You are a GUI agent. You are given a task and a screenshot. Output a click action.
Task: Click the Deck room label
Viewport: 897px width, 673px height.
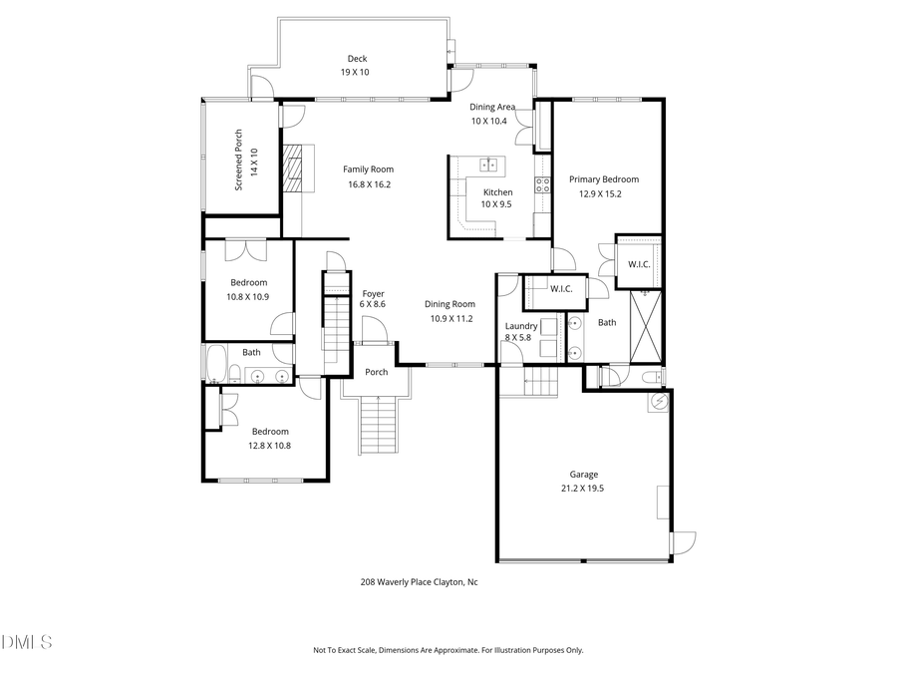357,58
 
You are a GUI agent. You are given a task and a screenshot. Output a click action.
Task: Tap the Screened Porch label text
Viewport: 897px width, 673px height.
239,160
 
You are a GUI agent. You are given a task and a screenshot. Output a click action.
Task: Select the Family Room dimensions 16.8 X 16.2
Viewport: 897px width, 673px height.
369,184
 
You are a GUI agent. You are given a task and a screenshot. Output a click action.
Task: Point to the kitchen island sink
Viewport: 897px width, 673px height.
489,166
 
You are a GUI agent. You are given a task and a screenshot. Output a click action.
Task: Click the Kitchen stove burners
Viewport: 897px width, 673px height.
543,184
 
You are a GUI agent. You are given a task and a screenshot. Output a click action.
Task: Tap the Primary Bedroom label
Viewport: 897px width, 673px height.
604,179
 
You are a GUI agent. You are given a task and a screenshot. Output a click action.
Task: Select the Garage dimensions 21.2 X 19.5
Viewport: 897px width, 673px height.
584,489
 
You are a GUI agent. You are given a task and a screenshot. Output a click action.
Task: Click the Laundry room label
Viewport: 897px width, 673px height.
521,326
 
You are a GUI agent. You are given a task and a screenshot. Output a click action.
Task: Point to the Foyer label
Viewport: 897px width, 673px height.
374,293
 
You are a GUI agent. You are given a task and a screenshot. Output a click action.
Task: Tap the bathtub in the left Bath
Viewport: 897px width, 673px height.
215,364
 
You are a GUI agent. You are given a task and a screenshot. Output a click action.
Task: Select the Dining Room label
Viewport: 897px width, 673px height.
450,304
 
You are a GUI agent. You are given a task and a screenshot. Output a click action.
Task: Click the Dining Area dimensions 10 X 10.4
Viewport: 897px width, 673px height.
489,122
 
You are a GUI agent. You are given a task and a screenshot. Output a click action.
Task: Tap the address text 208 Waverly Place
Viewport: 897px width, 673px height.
419,582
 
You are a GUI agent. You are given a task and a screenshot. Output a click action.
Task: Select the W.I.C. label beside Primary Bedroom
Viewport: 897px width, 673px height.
638,264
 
